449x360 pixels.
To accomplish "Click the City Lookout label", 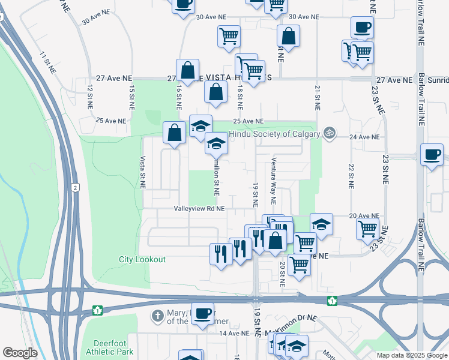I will click(142, 260).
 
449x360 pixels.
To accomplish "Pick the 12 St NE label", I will click(90, 96).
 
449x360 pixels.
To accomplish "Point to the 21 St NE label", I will click(316, 97).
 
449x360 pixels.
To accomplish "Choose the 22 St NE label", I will click(351, 175).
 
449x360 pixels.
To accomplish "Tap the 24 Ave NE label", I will click(365, 137).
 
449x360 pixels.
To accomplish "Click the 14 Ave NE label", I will click(234, 333).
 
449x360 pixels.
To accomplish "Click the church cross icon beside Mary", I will click(157, 316).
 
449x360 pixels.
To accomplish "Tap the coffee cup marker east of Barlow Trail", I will click(432, 155).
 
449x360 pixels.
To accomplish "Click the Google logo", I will click(20, 353).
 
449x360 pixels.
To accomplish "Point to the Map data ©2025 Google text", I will click(411, 355).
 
